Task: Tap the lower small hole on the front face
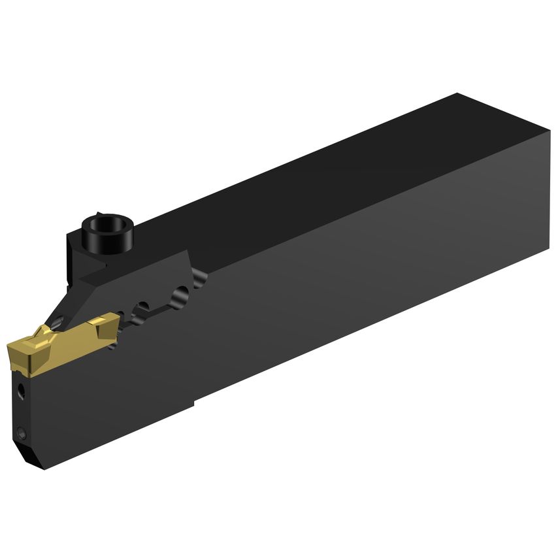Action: [23, 431]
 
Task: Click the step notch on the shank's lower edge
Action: [195, 400]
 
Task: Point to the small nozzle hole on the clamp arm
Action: [59, 320]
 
